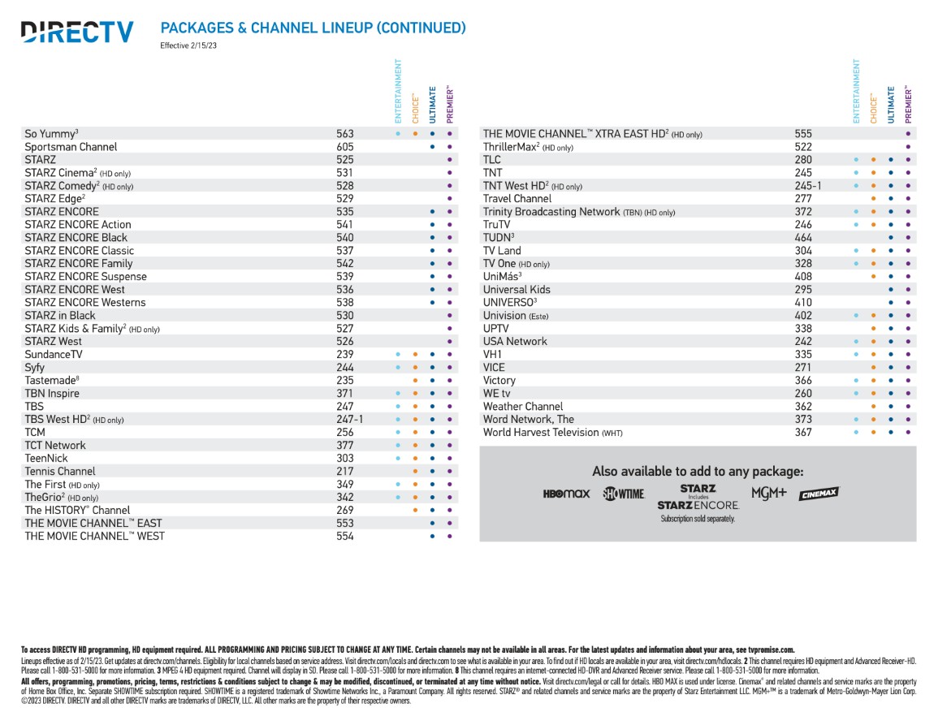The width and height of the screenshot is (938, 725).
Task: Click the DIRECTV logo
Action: click(77, 32)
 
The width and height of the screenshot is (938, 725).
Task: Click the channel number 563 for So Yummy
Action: click(344, 134)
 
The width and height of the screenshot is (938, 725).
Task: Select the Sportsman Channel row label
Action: click(71, 147)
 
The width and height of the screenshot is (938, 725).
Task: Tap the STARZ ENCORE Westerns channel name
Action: click(85, 303)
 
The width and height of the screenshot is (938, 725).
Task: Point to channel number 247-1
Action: click(349, 419)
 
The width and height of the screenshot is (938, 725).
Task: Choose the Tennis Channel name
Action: click(60, 472)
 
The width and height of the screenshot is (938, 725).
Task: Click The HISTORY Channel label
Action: click(77, 510)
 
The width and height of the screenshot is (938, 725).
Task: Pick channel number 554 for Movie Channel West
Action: click(344, 536)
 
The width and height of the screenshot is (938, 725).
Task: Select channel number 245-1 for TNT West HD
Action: click(807, 186)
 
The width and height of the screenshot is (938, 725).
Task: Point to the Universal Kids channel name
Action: click(517, 290)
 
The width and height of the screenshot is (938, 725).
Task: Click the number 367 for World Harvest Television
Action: click(803, 433)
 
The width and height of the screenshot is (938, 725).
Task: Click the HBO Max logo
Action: click(566, 494)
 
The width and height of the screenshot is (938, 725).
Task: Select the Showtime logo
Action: click(624, 494)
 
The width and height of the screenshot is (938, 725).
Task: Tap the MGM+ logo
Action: click(769, 493)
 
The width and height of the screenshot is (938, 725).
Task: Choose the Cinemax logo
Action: click(819, 494)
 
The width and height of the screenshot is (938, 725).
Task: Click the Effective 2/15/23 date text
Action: click(188, 45)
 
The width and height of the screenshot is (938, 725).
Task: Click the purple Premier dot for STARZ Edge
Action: click(449, 199)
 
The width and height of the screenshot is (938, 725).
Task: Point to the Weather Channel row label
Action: click(523, 407)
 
